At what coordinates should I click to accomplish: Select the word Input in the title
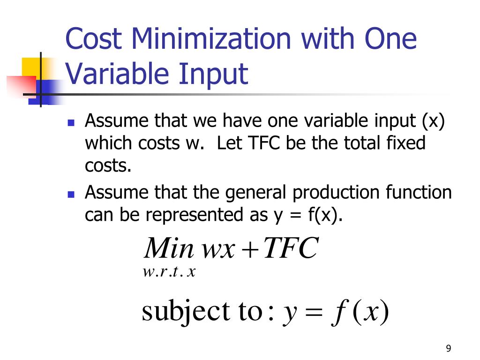coord(213,74)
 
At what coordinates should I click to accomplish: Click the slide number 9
coord(449,348)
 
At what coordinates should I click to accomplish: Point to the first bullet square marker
coord(71,124)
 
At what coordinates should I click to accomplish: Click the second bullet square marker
coord(71,195)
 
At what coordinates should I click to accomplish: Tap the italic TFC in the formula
coord(290,248)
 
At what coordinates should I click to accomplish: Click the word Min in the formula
coord(169,248)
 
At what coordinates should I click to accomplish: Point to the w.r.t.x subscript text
coord(168,272)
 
